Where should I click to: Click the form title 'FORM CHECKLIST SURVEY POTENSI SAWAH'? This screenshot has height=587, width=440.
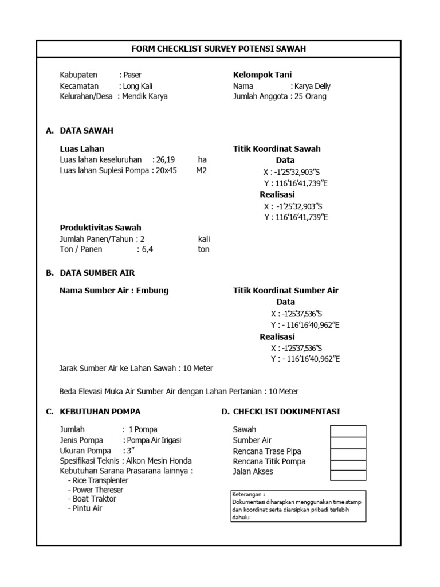219,49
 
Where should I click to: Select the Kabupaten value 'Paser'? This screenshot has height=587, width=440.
133,75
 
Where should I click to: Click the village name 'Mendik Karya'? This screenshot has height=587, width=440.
145,96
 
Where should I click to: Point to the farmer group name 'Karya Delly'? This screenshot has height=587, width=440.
313,86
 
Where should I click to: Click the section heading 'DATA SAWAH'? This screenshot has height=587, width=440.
87,131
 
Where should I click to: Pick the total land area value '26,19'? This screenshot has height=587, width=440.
166,159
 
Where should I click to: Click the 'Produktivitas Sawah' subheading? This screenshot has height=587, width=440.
100,228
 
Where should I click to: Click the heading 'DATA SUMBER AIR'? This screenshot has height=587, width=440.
97,273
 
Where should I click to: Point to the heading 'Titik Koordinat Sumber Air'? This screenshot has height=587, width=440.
285,291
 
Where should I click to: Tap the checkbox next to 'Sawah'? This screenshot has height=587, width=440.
348,431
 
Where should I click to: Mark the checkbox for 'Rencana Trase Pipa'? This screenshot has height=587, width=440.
348,452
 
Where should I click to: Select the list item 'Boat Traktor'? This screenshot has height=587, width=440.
93,499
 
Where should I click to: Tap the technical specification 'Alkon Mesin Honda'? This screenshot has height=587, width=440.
159,461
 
